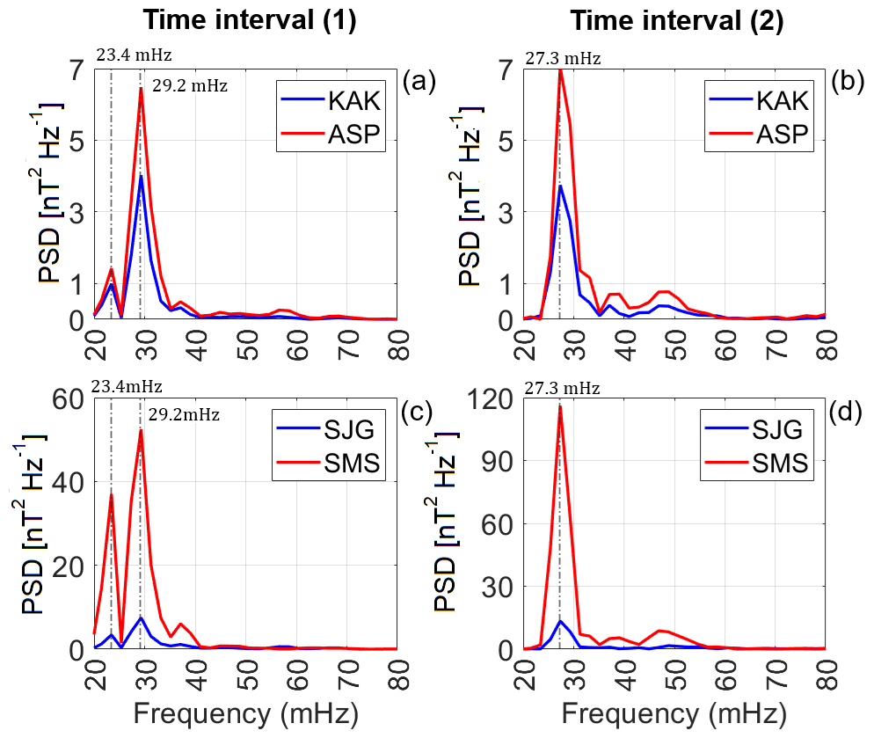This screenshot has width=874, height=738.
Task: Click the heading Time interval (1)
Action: tap(251, 21)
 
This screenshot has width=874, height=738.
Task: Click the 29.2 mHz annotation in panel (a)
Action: tap(189, 86)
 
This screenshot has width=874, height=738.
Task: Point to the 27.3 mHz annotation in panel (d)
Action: tap(563, 388)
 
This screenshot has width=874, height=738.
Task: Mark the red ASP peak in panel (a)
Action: tap(141, 89)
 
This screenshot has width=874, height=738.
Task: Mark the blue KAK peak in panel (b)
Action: tap(560, 186)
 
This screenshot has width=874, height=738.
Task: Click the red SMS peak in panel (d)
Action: tap(560, 406)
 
